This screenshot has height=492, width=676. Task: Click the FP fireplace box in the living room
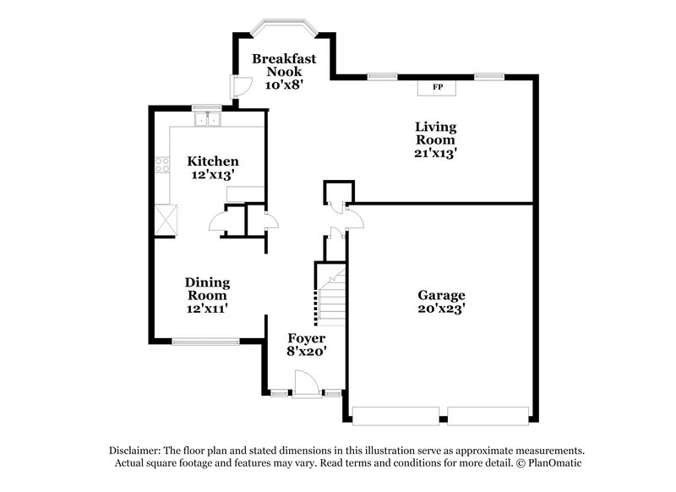pyautogui.click(x=437, y=87)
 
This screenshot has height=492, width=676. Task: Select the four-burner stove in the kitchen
pyautogui.click(x=161, y=164)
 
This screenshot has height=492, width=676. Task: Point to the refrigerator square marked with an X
pyautogui.click(x=165, y=219)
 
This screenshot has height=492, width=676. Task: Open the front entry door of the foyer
pyautogui.click(x=306, y=385)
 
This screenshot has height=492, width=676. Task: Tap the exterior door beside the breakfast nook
pyautogui.click(x=240, y=86)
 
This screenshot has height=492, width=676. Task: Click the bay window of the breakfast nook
pyautogui.click(x=284, y=25)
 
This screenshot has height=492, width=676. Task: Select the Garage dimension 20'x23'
pyautogui.click(x=441, y=309)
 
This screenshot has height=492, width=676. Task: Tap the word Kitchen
pyautogui.click(x=212, y=161)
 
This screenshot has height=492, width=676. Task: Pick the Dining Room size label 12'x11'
pyautogui.click(x=208, y=309)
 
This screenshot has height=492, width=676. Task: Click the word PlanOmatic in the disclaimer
pyautogui.click(x=555, y=463)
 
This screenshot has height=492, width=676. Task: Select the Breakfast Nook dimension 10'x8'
pyautogui.click(x=284, y=85)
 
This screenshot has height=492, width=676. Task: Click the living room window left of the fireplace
pyautogui.click(x=382, y=77)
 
